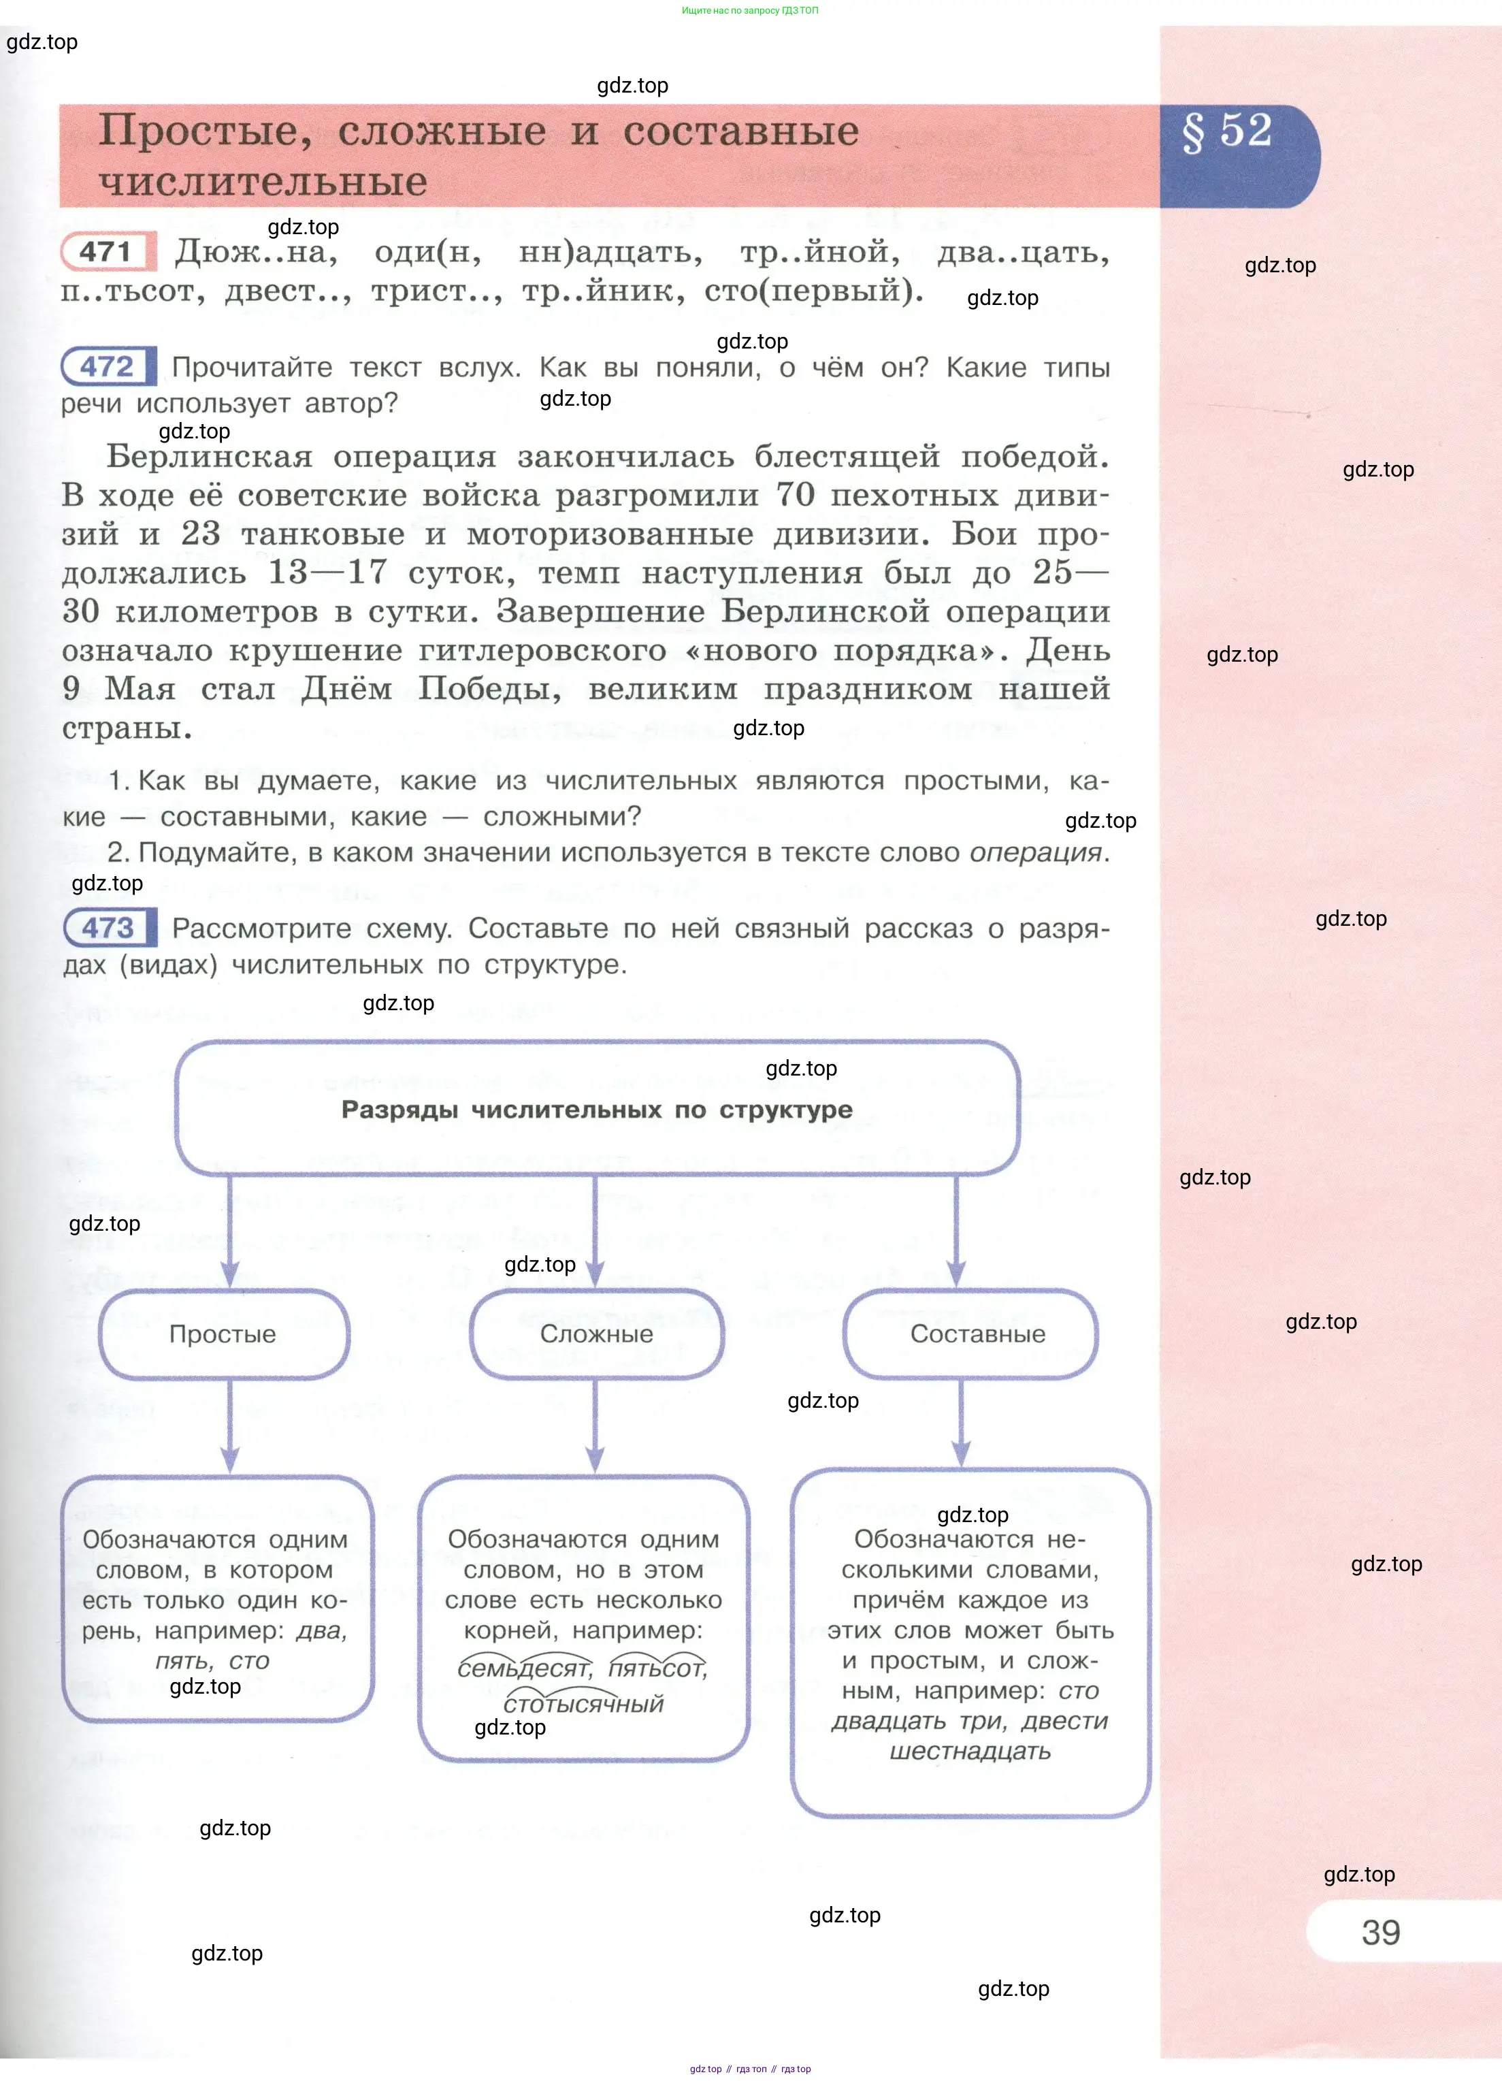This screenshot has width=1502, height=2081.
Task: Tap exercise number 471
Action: [x=106, y=251]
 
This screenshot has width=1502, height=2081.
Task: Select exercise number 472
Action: [x=108, y=367]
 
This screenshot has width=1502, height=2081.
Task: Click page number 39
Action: [x=1380, y=1931]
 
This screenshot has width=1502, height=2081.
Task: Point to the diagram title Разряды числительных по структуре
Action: [x=596, y=1110]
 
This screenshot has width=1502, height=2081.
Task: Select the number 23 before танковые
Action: [x=201, y=533]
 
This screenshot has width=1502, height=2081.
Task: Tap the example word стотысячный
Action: [x=583, y=1704]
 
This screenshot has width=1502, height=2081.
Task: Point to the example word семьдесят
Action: [x=525, y=1668]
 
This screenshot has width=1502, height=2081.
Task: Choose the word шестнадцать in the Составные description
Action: [x=970, y=1751]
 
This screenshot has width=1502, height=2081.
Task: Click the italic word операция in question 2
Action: [x=1035, y=852]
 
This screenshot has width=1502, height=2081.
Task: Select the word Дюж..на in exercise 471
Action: [x=256, y=251]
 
